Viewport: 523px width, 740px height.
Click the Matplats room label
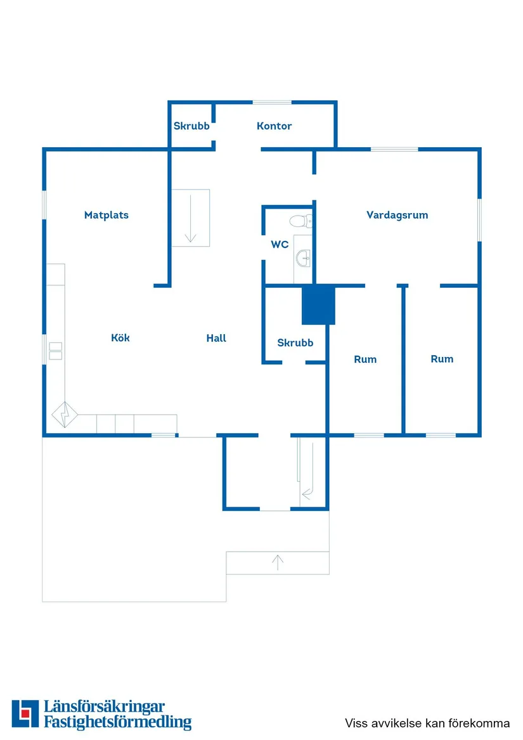click(107, 215)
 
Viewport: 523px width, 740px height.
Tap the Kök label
click(120, 337)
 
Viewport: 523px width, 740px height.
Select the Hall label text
click(216, 338)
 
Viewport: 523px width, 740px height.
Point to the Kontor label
click(274, 126)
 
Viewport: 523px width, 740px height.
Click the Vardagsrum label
click(397, 215)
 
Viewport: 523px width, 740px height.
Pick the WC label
click(280, 245)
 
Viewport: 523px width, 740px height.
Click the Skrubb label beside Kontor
click(191, 126)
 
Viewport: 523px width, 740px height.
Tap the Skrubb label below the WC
click(295, 342)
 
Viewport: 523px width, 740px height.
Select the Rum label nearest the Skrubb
click(365, 359)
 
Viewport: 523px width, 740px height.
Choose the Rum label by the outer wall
click(442, 359)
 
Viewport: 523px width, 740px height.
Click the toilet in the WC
click(300, 221)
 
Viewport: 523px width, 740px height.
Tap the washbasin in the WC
click(304, 258)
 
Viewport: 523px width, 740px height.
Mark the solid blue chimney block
click(319, 304)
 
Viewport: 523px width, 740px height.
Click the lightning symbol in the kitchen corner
click(65, 414)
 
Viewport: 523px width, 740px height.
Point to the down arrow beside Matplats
click(190, 218)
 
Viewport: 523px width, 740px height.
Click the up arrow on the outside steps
click(278, 562)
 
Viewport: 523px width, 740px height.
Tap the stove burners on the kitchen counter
click(56, 351)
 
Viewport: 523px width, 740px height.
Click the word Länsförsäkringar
click(105, 706)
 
